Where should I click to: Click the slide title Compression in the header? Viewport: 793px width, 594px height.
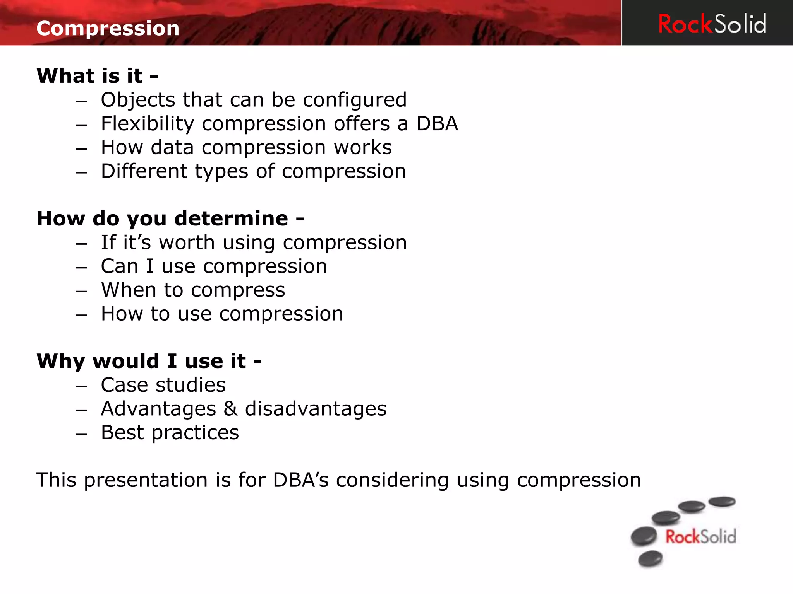[108, 28]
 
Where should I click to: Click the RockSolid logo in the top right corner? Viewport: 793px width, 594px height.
[712, 24]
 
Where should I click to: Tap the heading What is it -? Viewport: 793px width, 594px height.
[97, 75]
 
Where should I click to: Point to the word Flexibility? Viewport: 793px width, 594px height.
[147, 124]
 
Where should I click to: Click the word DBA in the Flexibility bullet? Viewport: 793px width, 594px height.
[437, 124]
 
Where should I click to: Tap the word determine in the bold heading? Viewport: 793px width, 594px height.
[231, 218]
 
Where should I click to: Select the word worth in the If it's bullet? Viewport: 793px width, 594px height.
[187, 242]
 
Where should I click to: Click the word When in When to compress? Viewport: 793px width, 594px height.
[128, 290]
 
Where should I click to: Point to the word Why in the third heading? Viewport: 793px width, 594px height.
[60, 362]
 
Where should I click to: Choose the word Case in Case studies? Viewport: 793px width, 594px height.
[124, 385]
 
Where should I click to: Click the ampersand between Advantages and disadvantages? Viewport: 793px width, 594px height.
[230, 409]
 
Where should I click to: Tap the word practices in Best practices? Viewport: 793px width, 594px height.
[195, 433]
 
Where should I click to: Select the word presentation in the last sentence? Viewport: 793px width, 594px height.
[146, 480]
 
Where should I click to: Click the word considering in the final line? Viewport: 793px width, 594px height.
[392, 480]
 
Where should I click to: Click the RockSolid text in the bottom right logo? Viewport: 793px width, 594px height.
[700, 537]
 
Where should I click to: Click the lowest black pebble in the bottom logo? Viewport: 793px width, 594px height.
[650, 558]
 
